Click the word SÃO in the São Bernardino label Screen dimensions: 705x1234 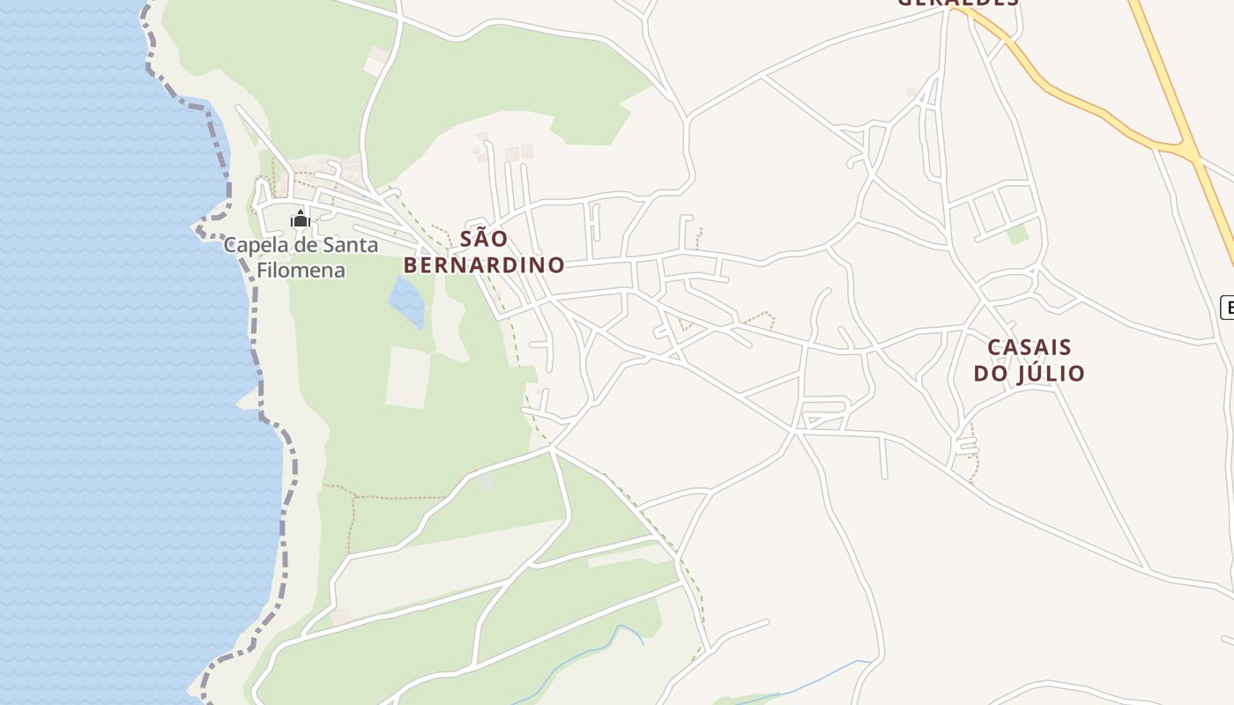coord(484,238)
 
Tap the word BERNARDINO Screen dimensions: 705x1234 coord(484,264)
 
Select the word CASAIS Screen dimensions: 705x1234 coord(1030,347)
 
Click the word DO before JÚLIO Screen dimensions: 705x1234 coord(992,373)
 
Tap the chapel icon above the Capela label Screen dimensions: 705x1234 coord(301,219)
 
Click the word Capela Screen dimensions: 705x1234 coord(251,245)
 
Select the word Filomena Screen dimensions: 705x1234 coord(300,270)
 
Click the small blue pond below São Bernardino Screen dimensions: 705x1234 coord(406,301)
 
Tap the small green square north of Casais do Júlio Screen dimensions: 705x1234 coord(1018,234)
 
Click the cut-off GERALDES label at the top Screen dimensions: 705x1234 coord(958,3)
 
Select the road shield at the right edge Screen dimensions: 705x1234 coord(1227,307)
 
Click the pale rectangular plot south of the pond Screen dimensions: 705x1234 coord(408,377)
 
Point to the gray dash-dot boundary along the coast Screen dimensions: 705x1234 coord(256,335)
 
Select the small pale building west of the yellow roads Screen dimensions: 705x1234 coord(911,92)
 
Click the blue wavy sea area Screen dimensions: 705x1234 coord(106,352)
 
